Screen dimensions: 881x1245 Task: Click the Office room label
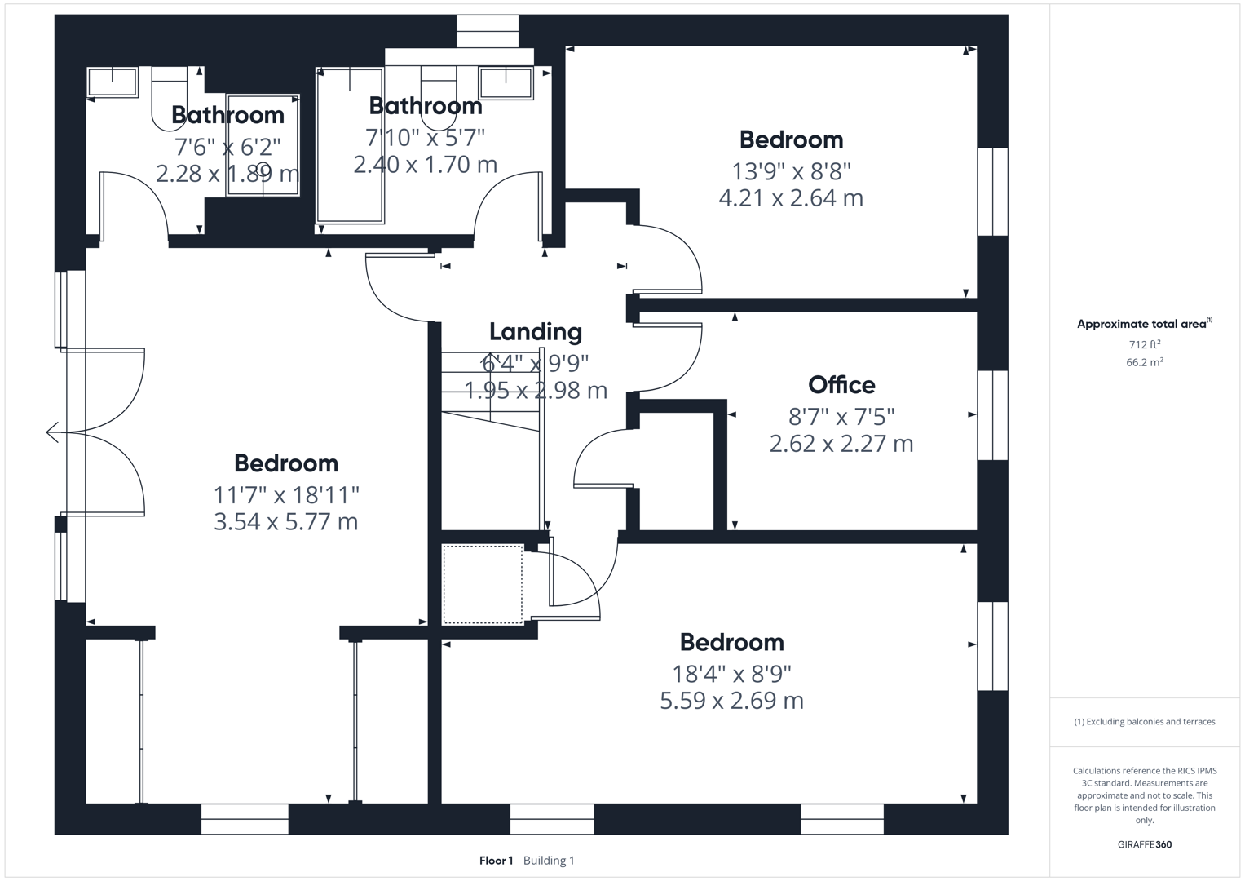click(841, 385)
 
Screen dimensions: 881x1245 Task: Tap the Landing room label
click(536, 332)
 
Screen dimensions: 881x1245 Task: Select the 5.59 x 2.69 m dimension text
click(731, 701)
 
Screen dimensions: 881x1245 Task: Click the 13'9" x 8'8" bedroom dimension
click(791, 171)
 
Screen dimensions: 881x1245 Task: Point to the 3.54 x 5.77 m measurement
click(285, 522)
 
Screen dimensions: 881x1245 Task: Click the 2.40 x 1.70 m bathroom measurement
click(425, 165)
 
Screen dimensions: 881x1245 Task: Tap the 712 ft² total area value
click(1144, 344)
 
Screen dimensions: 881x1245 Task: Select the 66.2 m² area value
click(1144, 363)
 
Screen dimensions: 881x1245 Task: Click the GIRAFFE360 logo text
click(1144, 844)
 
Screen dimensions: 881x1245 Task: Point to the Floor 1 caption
click(496, 861)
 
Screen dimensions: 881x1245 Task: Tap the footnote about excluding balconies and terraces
click(1144, 722)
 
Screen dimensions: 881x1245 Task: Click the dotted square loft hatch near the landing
click(483, 585)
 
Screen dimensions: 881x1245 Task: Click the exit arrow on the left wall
click(53, 432)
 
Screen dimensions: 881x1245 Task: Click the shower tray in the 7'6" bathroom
click(263, 145)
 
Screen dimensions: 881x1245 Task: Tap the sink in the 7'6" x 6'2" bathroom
click(112, 82)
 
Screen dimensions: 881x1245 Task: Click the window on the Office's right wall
click(992, 415)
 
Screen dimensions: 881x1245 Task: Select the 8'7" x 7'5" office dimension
click(841, 417)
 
